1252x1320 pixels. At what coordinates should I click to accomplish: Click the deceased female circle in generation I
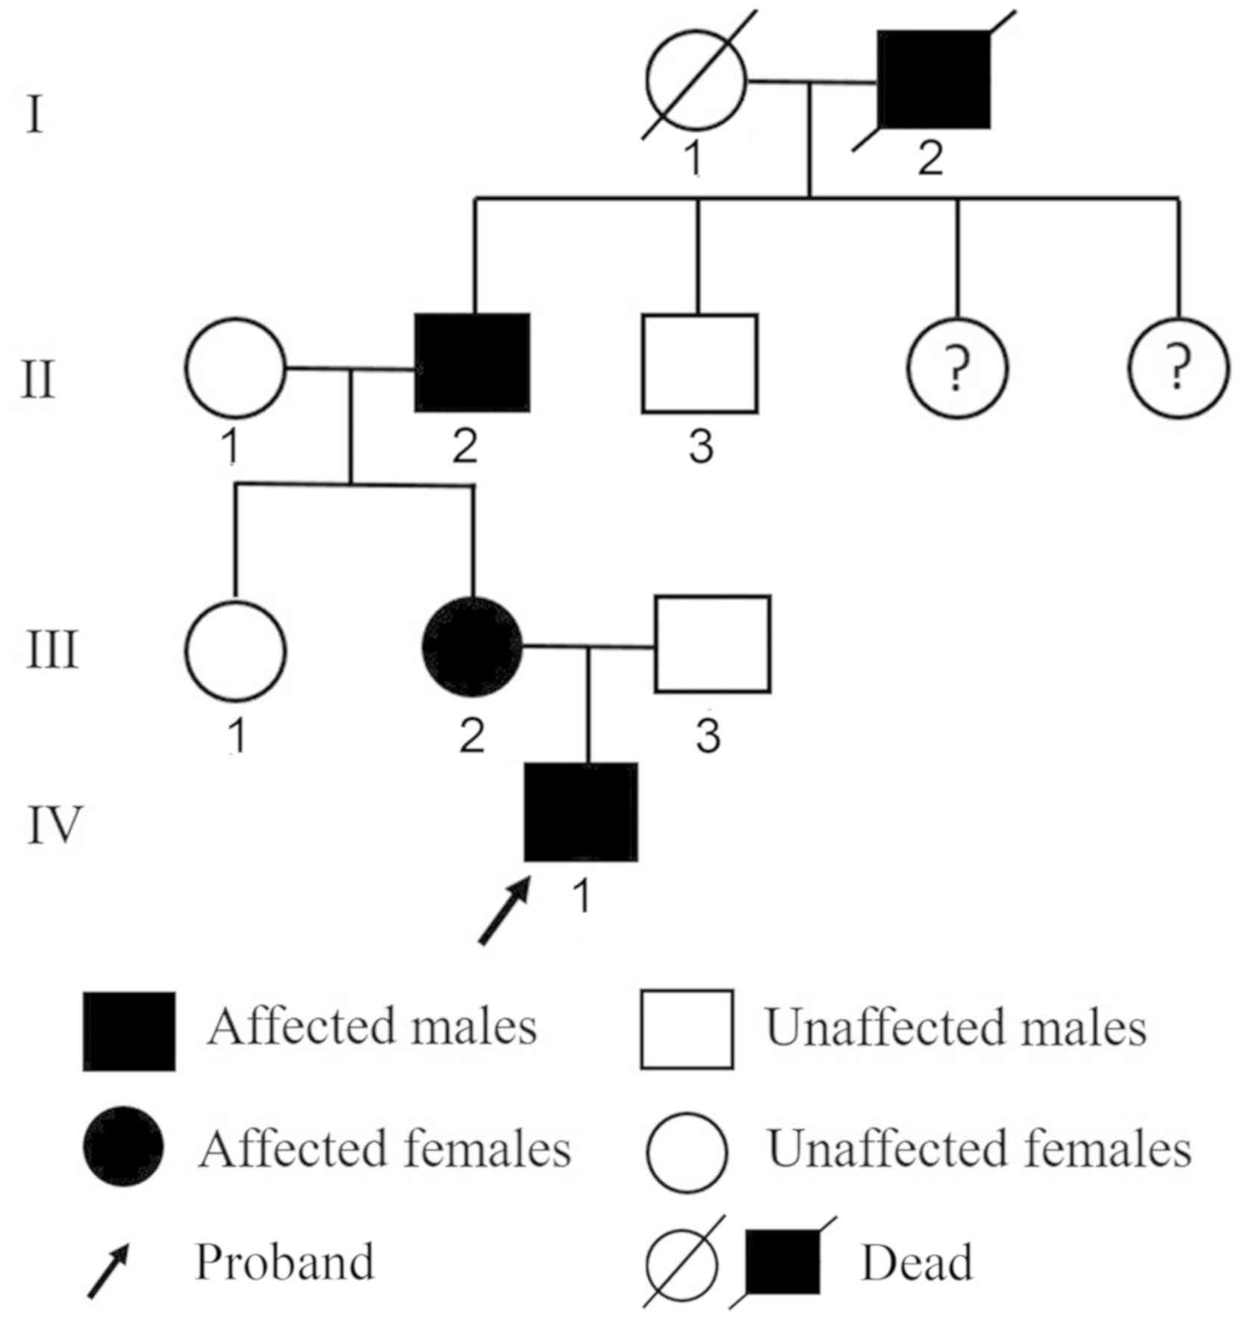[696, 80]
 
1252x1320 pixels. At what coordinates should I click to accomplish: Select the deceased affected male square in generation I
[933, 80]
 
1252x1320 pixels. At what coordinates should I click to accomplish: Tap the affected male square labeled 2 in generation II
[473, 363]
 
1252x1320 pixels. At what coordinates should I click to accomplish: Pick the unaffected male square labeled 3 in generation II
[700, 364]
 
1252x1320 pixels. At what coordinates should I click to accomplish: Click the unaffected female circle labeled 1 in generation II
[235, 368]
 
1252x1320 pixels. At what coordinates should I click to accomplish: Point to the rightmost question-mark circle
[1178, 368]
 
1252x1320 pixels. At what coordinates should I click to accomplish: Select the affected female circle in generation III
[473, 647]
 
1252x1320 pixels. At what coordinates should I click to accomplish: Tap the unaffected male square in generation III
[712, 644]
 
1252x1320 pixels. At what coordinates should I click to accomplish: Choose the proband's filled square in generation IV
[581, 812]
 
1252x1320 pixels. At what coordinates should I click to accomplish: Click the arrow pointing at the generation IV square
[504, 911]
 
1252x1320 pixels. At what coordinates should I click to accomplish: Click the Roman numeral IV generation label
[54, 825]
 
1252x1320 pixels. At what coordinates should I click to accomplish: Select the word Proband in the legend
[284, 1263]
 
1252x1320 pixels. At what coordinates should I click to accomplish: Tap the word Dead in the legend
[917, 1263]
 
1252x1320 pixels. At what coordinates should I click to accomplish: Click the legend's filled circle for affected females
[123, 1148]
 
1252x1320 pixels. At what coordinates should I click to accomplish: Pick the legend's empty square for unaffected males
[686, 1030]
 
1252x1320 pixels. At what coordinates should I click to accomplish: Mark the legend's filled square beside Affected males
[129, 1031]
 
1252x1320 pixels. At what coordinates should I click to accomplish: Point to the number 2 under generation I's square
[930, 158]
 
